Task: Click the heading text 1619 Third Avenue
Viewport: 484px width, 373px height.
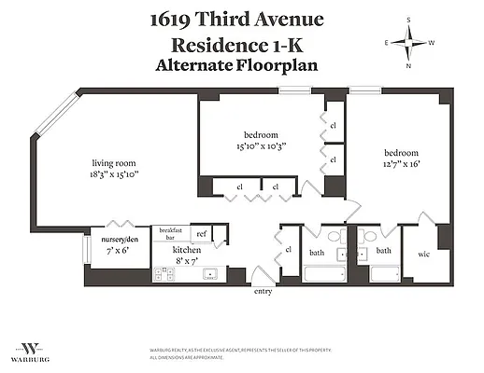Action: (242, 20)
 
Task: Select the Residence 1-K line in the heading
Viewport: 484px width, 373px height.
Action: (242, 45)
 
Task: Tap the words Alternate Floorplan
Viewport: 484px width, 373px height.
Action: (242, 65)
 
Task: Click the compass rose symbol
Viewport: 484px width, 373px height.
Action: (408, 43)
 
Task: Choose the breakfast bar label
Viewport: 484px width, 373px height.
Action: (170, 234)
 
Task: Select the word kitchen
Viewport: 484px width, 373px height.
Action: (187, 250)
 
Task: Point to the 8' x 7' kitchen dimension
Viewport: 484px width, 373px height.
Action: (187, 262)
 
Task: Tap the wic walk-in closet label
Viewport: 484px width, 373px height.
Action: (423, 253)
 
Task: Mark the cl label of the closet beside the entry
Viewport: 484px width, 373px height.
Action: (289, 249)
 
